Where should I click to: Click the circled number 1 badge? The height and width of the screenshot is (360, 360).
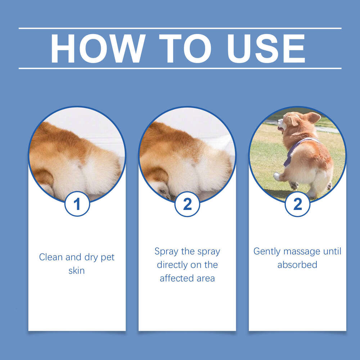[77, 204]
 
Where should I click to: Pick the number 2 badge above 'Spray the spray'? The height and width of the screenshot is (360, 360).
[187, 204]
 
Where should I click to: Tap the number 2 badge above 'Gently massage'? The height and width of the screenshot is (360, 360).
[297, 204]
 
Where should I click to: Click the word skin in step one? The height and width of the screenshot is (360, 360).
[77, 271]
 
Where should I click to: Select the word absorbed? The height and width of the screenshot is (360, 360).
[297, 265]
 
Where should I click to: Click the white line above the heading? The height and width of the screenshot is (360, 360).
[180, 28]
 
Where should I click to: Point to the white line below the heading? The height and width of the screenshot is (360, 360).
[180, 68]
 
